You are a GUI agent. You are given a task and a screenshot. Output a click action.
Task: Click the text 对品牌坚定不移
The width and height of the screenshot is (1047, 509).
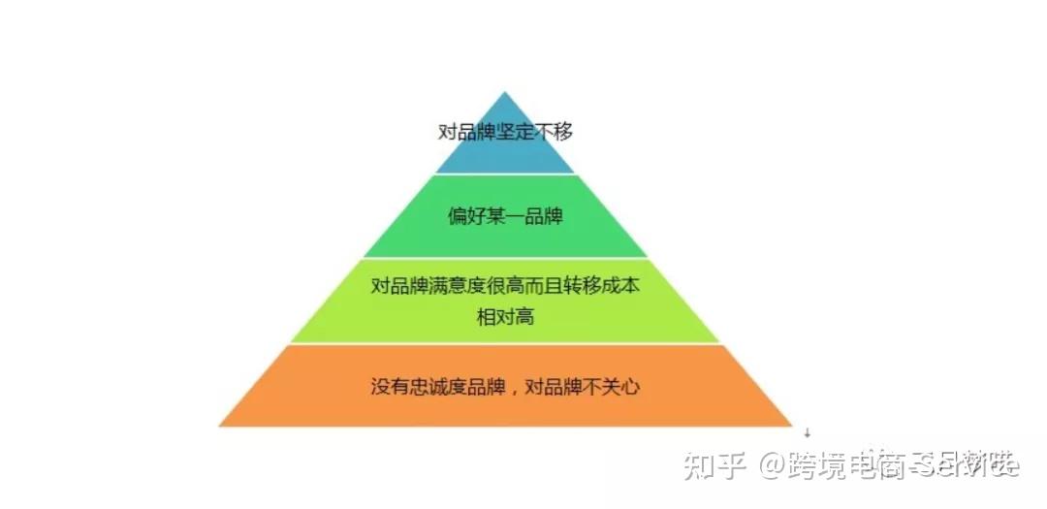click(x=505, y=131)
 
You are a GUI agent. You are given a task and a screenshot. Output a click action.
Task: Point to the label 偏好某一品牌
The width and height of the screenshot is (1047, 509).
click(x=505, y=215)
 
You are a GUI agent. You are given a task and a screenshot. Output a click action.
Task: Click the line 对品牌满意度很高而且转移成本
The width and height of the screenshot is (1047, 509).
click(x=505, y=287)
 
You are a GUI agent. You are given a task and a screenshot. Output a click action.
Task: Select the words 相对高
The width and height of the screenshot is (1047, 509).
click(x=505, y=316)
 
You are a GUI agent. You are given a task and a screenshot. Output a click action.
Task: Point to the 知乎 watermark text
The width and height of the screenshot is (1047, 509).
click(x=714, y=465)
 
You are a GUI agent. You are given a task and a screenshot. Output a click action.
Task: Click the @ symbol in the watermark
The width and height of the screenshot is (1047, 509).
click(x=772, y=465)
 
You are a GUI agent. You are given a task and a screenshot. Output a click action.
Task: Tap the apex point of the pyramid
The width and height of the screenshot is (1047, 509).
click(x=505, y=94)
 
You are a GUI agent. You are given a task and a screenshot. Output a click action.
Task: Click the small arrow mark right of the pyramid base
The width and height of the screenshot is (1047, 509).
click(x=807, y=433)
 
